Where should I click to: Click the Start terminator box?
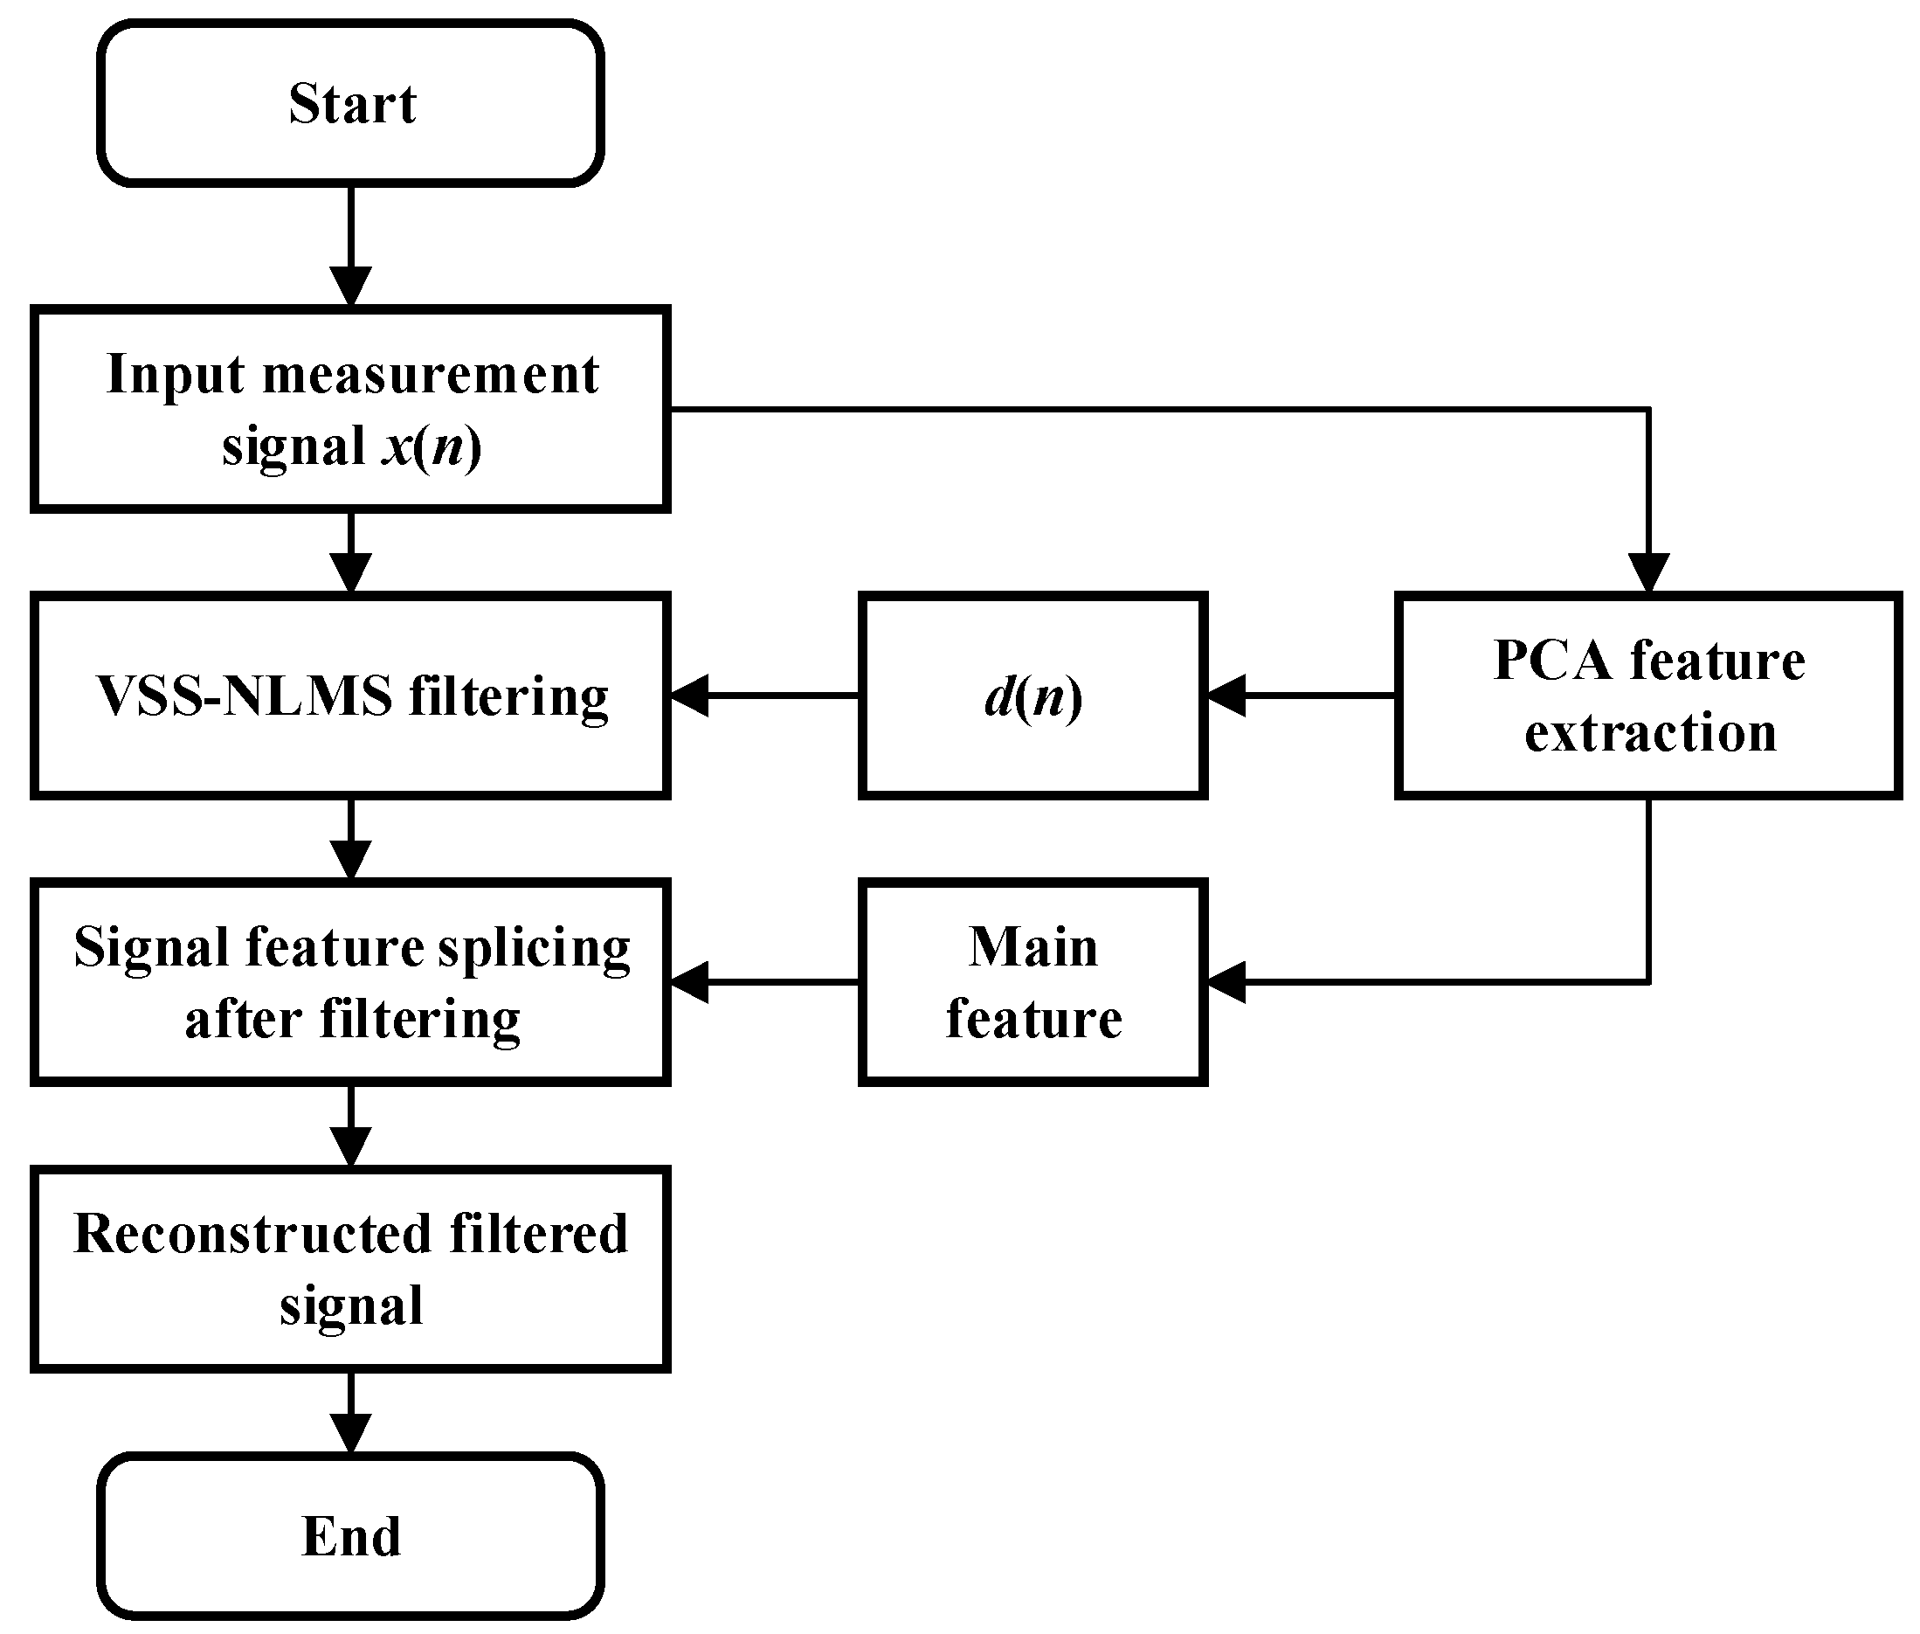[350, 103]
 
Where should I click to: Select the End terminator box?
[350, 1536]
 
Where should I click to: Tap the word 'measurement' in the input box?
[431, 375]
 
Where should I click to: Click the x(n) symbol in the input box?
[432, 447]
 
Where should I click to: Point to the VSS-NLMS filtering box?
[350, 696]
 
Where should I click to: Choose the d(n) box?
[1032, 696]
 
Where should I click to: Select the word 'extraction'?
[1649, 733]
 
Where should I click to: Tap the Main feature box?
[1032, 982]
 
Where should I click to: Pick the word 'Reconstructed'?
[252, 1234]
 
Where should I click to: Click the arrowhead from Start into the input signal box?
[351, 287]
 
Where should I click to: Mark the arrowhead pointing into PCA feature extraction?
[1648, 571]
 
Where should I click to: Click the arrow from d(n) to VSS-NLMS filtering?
[764, 696]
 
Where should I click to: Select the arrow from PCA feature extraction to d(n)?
[1301, 696]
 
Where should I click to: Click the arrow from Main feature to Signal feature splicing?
[764, 982]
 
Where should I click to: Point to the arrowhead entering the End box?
[351, 1433]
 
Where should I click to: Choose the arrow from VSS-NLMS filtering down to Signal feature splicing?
[351, 838]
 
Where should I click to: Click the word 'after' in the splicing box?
[243, 1020]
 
